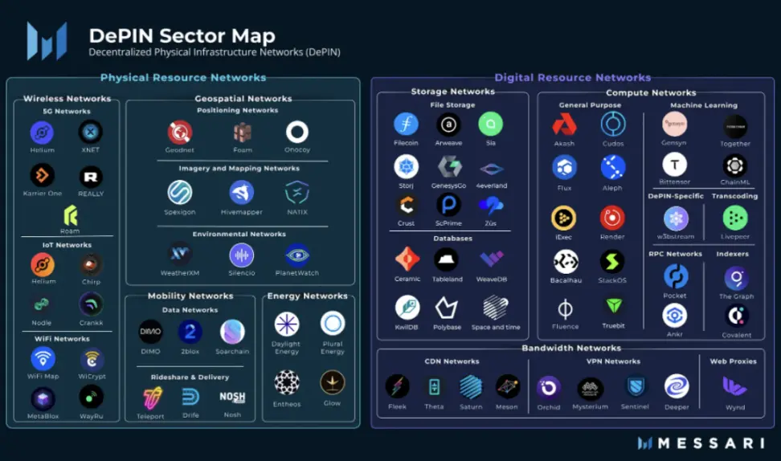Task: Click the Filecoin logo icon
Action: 407,124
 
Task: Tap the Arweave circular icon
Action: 448,124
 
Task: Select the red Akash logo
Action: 564,124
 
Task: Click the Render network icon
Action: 612,218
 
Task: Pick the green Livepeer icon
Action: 734,218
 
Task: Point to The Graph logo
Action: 736,278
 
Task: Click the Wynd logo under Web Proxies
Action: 734,386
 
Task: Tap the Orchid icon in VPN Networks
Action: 549,387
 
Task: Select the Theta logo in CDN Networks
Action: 434,387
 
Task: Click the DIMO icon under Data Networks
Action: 150,332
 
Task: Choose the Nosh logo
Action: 232,397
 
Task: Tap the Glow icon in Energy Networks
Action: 333,383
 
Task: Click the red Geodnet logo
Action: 180,131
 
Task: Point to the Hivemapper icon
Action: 242,193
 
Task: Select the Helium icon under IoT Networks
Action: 43,264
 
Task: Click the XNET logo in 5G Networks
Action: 90,132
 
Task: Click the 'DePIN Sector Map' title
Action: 182,36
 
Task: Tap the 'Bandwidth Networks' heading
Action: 571,348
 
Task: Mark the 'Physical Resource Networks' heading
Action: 183,78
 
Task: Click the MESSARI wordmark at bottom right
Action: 707,443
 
